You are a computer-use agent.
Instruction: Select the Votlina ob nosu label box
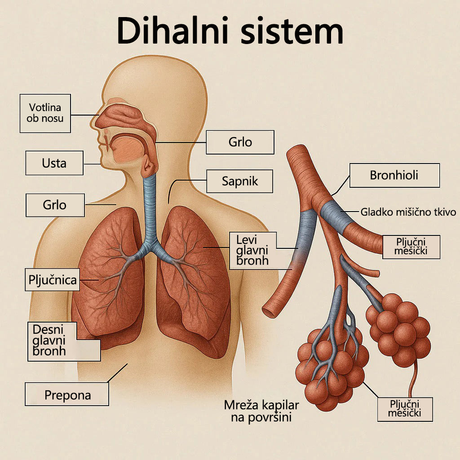[x=45, y=113]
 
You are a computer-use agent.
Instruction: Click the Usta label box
[x=54, y=163]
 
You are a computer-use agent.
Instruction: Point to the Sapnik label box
[x=240, y=181]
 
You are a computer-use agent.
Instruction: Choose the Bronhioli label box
[x=394, y=175]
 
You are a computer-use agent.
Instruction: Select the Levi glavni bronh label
[x=252, y=250]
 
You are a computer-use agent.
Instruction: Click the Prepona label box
[x=67, y=395]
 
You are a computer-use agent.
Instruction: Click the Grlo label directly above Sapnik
[x=240, y=142]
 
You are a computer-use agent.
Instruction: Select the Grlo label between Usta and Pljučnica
[x=55, y=205]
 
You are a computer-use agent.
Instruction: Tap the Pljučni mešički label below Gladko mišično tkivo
[x=411, y=247]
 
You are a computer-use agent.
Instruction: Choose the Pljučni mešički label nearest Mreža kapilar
[x=405, y=409]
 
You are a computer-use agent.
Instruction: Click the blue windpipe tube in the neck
[x=150, y=202]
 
